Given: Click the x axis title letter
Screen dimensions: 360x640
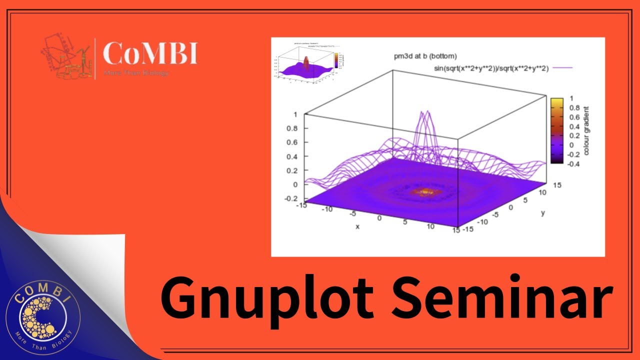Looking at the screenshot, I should point(357,226).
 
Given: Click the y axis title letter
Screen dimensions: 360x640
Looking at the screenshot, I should point(543,213).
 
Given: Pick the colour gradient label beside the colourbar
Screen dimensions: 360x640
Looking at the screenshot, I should point(586,130).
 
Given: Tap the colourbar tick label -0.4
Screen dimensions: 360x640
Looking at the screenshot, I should point(573,163).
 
